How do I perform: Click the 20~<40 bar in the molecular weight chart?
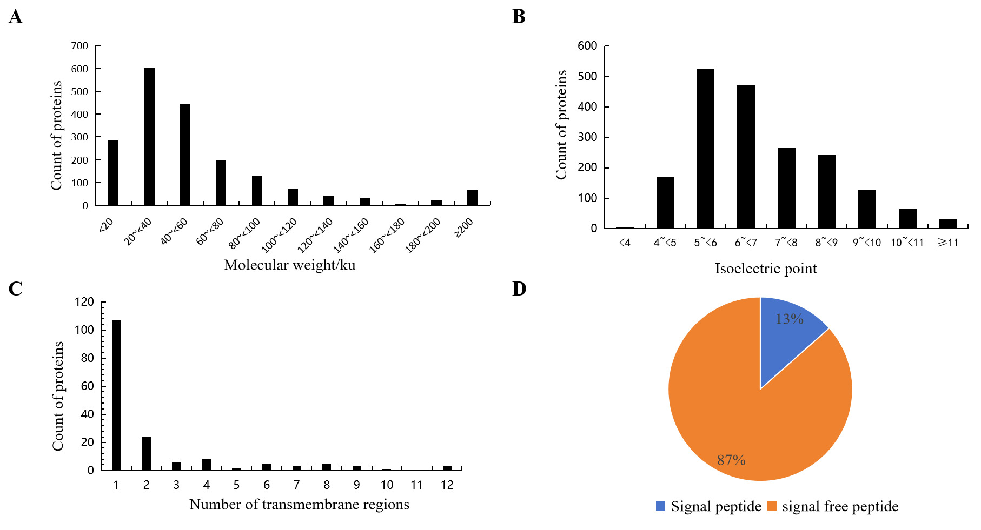[149, 136]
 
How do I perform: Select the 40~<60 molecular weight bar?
[185, 155]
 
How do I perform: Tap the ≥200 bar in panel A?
[472, 197]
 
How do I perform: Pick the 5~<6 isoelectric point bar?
[705, 149]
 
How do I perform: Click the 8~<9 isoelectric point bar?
[826, 191]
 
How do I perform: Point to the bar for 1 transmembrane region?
[116, 395]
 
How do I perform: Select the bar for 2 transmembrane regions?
[147, 453]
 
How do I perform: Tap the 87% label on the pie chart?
[731, 460]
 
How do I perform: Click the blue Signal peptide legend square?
[660, 506]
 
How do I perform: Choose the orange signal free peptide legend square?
[772, 506]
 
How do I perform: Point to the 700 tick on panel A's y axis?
[79, 46]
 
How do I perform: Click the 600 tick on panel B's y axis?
[587, 46]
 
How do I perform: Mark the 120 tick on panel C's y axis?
[84, 302]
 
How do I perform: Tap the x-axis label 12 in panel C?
[447, 485]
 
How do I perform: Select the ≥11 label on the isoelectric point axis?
[947, 243]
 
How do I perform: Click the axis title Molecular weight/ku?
[289, 265]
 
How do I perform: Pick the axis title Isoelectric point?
[765, 269]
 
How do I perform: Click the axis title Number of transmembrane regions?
[299, 505]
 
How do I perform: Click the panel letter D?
[519, 289]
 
